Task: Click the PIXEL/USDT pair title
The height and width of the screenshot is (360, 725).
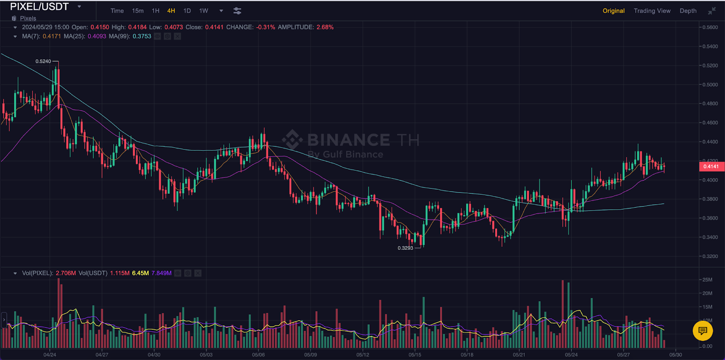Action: (39, 7)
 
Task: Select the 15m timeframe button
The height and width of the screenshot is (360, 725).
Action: (138, 11)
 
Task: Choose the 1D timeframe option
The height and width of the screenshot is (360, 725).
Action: (187, 11)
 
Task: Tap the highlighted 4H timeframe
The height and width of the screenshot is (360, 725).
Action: (171, 11)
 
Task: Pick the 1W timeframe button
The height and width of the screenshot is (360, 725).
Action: (204, 11)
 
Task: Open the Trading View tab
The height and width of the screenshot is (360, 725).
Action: (652, 11)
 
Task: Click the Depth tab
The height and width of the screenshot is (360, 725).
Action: (688, 11)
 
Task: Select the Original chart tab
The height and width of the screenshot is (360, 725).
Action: (614, 11)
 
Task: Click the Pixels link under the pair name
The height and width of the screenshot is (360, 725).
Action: (28, 19)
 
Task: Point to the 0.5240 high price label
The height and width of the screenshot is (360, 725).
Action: (43, 61)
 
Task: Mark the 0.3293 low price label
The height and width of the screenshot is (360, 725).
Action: (405, 248)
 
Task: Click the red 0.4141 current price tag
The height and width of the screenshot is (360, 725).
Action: (711, 167)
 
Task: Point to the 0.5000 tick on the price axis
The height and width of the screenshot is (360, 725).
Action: (710, 85)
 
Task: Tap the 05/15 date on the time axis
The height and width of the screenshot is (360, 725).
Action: (415, 355)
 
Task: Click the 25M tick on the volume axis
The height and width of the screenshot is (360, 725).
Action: (707, 280)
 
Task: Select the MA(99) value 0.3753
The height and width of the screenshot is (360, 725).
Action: (142, 36)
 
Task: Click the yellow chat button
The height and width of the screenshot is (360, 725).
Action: (703, 331)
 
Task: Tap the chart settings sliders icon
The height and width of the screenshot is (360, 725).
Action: (237, 11)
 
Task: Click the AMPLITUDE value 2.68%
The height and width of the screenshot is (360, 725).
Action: (325, 27)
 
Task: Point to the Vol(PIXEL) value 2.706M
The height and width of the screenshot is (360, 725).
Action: (66, 273)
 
